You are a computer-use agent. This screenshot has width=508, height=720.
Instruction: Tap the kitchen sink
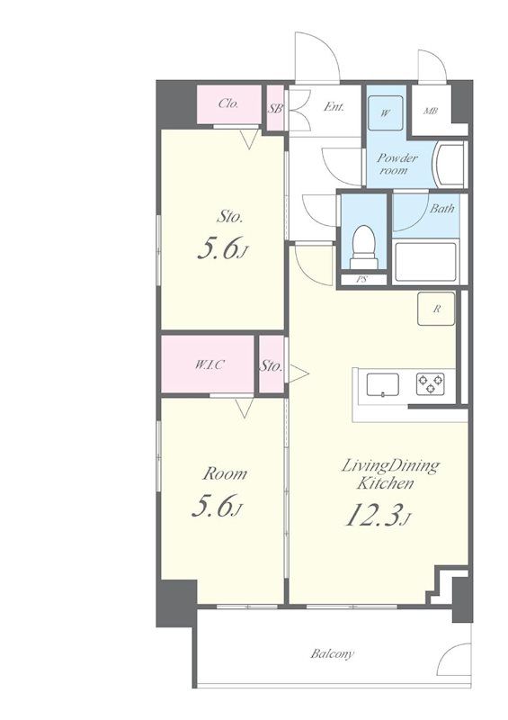(382, 385)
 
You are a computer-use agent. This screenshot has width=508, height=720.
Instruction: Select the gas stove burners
(431, 384)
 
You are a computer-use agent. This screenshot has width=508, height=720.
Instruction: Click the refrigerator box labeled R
(436, 309)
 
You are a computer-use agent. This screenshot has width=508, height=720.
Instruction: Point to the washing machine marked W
(386, 113)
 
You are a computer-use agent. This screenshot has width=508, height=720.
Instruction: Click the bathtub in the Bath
(426, 262)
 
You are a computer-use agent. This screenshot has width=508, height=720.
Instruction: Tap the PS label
(362, 279)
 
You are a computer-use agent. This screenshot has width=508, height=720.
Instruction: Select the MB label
(431, 111)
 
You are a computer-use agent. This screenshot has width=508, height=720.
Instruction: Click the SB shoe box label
(275, 109)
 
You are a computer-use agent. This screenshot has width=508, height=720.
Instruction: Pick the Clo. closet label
(228, 103)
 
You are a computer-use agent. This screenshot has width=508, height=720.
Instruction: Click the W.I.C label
(209, 365)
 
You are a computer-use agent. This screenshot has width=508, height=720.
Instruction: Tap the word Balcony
(333, 653)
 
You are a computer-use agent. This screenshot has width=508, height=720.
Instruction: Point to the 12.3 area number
(373, 516)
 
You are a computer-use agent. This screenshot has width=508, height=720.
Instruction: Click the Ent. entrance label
(334, 107)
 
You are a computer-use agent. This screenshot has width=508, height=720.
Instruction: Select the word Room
(225, 473)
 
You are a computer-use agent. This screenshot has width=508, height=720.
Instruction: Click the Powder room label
(397, 164)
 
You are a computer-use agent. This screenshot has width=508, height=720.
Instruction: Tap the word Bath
(441, 209)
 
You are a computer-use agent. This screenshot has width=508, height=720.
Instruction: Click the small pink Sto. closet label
(271, 366)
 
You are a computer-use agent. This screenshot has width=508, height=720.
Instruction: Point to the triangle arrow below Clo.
(249, 139)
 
